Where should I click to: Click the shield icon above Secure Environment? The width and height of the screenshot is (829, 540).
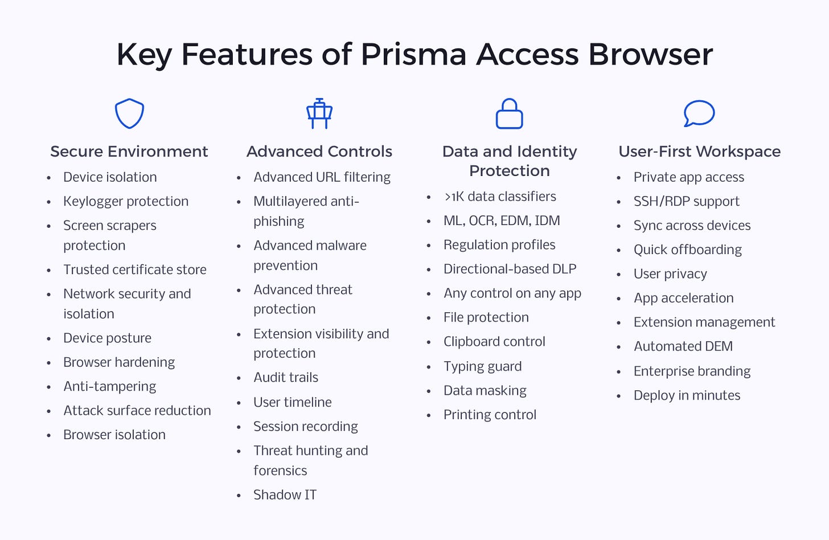point(129,113)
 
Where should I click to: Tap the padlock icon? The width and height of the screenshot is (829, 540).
point(509,113)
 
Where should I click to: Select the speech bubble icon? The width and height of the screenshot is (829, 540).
point(699,113)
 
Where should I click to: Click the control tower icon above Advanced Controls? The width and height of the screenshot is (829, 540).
point(319,113)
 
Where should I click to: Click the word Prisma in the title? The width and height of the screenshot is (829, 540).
point(414,55)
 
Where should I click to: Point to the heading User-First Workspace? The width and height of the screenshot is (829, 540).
point(699,152)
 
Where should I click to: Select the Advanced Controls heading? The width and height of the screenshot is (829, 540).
point(319,152)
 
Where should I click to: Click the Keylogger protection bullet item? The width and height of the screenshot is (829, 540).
point(126,202)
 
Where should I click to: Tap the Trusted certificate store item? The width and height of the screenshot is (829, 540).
point(135,270)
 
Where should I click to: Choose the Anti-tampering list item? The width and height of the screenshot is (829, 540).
point(110,387)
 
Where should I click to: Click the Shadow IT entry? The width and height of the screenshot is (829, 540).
point(285,495)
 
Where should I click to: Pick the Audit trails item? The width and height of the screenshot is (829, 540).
point(286,378)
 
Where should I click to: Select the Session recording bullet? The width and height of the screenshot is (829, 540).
point(306,427)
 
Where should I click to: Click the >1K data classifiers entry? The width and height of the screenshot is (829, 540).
point(500,197)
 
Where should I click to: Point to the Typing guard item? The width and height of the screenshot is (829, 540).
point(482,367)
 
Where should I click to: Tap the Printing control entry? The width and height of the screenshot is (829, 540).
point(490,415)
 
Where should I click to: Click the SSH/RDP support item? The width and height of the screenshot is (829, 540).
point(687,202)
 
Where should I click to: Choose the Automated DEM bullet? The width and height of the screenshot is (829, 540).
point(683,346)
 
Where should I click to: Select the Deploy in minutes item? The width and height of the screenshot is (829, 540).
point(687,396)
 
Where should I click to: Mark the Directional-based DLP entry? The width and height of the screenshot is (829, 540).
point(510,269)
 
